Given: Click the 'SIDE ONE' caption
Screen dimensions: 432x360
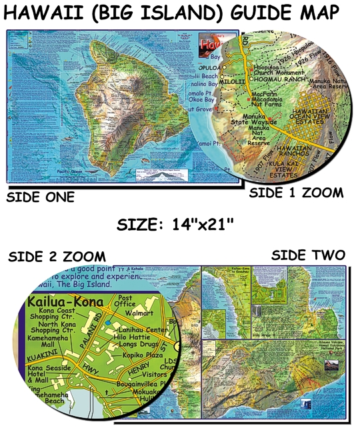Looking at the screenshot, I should pos(40,197).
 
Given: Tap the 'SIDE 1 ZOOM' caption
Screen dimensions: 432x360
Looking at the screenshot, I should pos(297,193).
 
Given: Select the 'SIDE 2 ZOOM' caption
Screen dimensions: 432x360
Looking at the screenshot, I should pos(56,257).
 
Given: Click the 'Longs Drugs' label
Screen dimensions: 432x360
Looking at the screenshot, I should pos(134,345).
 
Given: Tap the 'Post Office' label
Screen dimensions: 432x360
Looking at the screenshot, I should pos(126,301).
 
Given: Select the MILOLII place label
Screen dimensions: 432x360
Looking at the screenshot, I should pos(232,81).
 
